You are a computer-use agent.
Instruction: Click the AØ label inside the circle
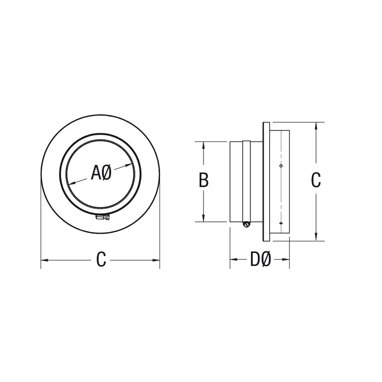(x=101, y=173)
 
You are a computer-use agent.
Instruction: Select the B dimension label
(x=204, y=180)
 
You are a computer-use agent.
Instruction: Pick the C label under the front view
(x=101, y=259)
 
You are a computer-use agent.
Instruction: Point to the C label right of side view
(x=316, y=180)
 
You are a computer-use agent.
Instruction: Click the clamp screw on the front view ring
(x=103, y=217)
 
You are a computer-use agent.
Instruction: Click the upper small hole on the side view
(x=281, y=166)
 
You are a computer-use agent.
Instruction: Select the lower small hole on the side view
(x=281, y=223)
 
